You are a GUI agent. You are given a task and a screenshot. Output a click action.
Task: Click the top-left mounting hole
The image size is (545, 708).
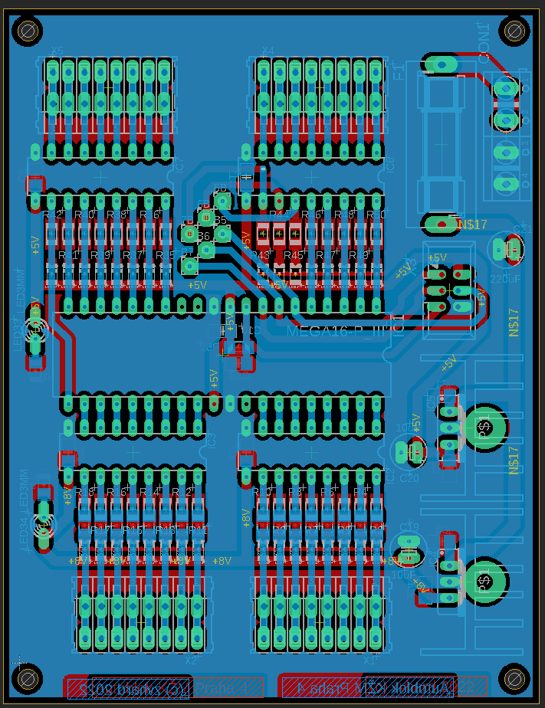[x=28, y=31]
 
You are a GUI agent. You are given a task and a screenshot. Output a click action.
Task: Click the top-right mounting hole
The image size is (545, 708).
[x=514, y=31]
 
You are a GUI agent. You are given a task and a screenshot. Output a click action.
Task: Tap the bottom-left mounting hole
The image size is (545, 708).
[x=28, y=679]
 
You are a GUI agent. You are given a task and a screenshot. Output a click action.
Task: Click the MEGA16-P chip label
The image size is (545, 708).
[x=336, y=332]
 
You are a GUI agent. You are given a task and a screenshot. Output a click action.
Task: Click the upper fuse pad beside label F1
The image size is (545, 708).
[x=441, y=64]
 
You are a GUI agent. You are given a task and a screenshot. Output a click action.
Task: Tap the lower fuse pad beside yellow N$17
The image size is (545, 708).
[x=441, y=225]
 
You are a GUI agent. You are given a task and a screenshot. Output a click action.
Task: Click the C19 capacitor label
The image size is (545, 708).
[x=409, y=527]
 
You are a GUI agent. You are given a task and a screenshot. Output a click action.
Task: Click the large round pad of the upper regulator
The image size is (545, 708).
[x=484, y=427]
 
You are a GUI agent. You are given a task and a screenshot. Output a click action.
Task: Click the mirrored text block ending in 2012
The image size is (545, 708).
[x=128, y=688]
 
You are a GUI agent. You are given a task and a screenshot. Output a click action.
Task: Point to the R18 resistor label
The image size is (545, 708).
[x=92, y=492]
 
